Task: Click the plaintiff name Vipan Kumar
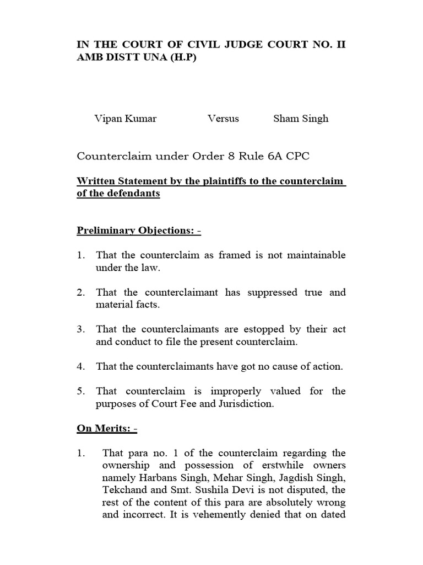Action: point(125,119)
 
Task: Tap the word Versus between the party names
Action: point(224,119)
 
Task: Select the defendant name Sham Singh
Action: point(301,119)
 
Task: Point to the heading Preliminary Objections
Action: point(139,230)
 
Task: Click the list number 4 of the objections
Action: point(80,366)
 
